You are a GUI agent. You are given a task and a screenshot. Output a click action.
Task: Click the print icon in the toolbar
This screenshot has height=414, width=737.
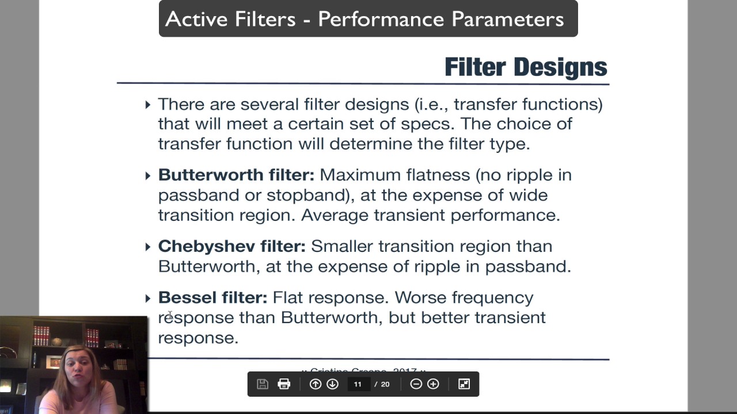(x=284, y=384)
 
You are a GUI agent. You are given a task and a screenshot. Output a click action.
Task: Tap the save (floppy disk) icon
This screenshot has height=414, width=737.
(x=263, y=384)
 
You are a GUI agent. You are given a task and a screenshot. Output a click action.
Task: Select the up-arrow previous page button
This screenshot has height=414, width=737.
(x=316, y=384)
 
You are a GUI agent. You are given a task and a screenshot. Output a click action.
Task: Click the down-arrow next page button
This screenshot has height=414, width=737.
(x=332, y=384)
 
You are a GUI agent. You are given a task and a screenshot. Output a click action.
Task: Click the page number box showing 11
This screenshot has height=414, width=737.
(x=358, y=384)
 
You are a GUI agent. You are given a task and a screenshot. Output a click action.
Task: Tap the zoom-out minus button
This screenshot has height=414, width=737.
(x=416, y=384)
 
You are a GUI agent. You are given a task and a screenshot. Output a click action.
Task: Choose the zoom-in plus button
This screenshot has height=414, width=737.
(x=433, y=384)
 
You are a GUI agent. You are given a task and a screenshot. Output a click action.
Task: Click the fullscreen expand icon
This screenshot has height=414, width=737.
(x=464, y=384)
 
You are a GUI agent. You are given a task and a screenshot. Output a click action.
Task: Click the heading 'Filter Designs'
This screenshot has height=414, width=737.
(x=525, y=67)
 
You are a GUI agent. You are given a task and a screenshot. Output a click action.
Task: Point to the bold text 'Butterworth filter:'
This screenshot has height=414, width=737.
(x=236, y=175)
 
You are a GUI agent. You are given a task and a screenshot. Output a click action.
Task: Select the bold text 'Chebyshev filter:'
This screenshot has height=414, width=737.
(x=231, y=246)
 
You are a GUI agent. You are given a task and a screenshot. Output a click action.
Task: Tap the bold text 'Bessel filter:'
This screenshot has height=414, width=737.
(x=212, y=297)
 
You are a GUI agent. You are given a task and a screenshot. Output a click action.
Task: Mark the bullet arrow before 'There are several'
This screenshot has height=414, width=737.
(x=148, y=105)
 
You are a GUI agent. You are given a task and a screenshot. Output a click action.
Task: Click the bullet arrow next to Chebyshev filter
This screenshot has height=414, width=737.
(x=148, y=247)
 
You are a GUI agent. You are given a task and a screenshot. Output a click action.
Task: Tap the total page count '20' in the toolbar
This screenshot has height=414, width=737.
(x=385, y=384)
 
